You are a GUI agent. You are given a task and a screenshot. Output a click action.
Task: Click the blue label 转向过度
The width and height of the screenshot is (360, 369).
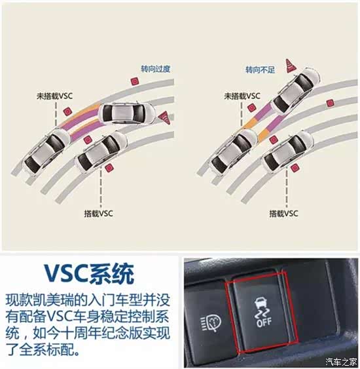coord(156,69)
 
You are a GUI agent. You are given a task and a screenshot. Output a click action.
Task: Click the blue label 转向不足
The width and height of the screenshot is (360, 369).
coord(260,69)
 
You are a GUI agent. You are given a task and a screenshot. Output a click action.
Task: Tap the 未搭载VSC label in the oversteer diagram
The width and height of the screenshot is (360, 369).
coord(54,96)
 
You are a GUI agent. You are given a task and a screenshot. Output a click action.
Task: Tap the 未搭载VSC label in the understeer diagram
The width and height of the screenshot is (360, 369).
coord(242,96)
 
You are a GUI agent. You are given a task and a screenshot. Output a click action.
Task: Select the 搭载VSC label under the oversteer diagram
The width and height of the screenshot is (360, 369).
coord(98,214)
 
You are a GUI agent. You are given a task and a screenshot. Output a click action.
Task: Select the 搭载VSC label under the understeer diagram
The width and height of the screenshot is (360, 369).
coord(283,214)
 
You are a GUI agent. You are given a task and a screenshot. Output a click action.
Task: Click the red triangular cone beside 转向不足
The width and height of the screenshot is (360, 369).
coord(291,66)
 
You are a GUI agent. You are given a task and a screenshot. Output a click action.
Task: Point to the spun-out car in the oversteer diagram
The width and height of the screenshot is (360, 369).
coord(126,113)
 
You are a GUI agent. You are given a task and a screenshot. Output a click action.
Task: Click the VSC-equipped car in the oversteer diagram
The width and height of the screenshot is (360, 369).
coord(101,151)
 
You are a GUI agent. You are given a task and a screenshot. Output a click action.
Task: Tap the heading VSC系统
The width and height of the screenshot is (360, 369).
coord(89,274)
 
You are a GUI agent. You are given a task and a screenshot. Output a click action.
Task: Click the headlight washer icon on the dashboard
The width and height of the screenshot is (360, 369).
coord(211,323)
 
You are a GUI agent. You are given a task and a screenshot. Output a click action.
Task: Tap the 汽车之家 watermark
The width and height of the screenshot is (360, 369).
coord(341,362)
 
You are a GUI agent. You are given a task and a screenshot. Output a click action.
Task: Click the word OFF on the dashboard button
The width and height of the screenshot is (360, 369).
coord(264,322)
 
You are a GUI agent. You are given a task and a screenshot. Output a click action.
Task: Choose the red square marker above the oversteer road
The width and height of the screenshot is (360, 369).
coord(135,81)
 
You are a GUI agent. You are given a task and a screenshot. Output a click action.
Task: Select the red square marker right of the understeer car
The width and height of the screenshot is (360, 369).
coord(330,103)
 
